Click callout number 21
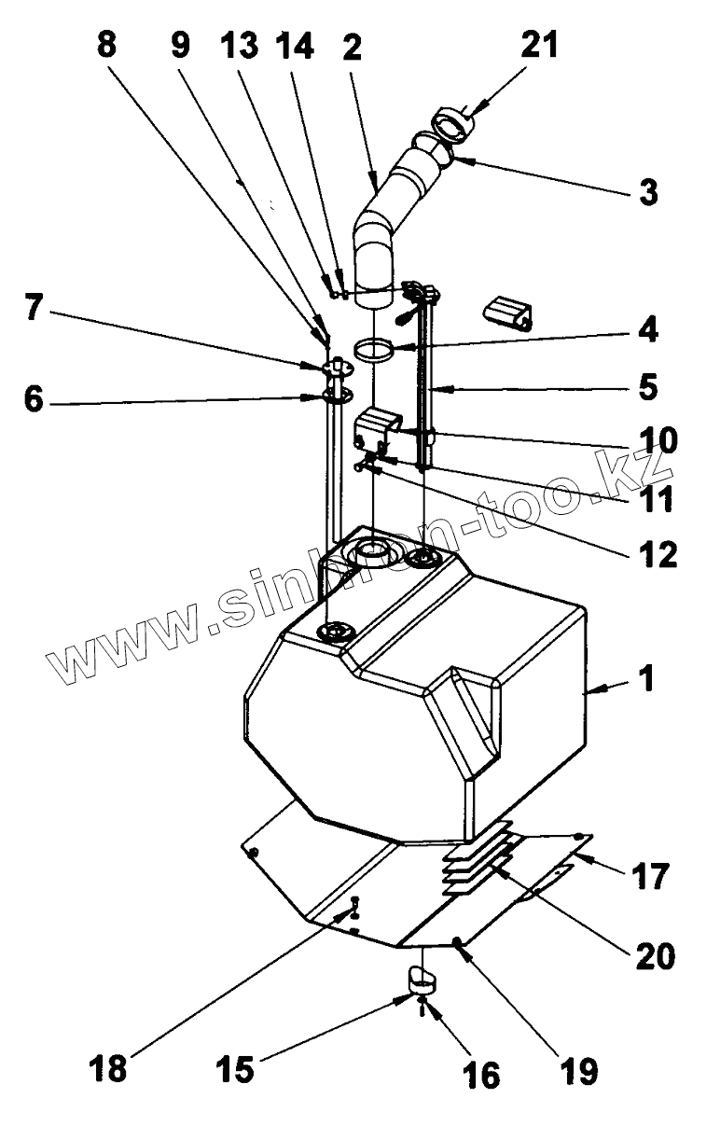tap(538, 44)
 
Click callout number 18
tap(109, 1067)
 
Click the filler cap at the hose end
tap(450, 123)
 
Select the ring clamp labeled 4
tap(372, 351)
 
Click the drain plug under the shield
tap(422, 979)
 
